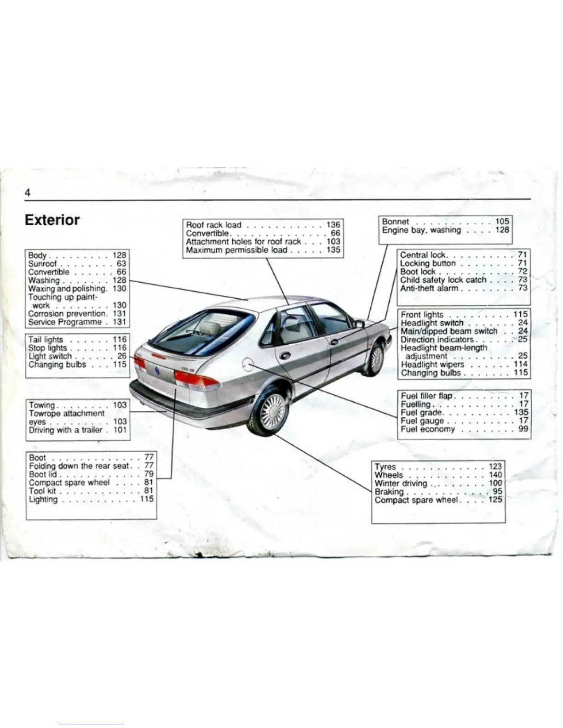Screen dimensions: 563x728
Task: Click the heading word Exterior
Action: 52,220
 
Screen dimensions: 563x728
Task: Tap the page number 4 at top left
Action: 28,193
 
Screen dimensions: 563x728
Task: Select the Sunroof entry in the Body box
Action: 42,264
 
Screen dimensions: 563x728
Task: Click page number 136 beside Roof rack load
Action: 333,225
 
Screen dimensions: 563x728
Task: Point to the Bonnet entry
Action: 395,222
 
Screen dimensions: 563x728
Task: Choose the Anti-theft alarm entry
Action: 429,289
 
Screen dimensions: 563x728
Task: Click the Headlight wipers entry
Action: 432,364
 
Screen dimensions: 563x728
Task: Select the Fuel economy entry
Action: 428,429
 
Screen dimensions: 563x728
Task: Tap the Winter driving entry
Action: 401,483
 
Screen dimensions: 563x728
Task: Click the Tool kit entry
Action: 42,491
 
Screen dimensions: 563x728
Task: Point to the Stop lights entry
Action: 47,348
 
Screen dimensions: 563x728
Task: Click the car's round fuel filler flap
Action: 248,364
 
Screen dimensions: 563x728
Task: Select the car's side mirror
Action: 359,324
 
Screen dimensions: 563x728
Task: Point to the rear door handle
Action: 285,356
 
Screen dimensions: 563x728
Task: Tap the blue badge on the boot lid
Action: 157,371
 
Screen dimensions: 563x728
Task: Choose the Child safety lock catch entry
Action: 443,280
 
